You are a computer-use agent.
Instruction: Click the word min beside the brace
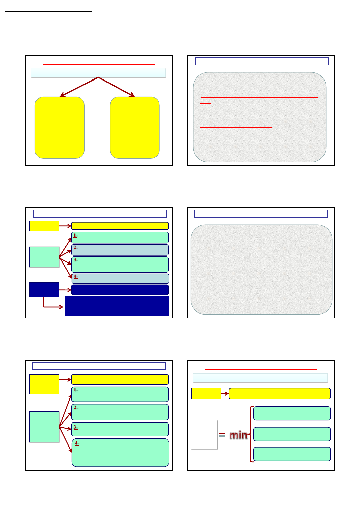click(x=238, y=435)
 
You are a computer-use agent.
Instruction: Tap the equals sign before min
click(x=222, y=435)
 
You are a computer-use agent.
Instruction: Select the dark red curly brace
click(x=251, y=434)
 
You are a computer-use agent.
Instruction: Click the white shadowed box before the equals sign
click(x=204, y=435)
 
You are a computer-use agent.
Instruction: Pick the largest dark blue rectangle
click(x=117, y=306)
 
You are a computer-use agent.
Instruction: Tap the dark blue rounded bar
click(x=120, y=290)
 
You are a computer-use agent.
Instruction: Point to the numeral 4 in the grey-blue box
click(x=75, y=276)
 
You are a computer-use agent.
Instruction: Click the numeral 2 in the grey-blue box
click(x=75, y=247)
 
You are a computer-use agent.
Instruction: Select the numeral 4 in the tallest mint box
click(x=76, y=443)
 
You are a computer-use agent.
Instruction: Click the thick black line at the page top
click(x=48, y=12)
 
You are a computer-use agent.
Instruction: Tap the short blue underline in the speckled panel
click(x=287, y=142)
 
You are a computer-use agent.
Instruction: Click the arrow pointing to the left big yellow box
click(x=79, y=87)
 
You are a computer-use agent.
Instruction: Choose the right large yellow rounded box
click(x=135, y=128)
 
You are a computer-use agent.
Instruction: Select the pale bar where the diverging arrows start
click(x=99, y=73)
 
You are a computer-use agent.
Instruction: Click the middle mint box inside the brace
click(x=292, y=434)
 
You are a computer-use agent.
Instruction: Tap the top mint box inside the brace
click(x=292, y=413)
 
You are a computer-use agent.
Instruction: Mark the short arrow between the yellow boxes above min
click(x=225, y=394)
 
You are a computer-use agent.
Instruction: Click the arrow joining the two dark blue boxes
click(x=65, y=290)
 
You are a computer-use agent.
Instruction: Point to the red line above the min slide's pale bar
click(x=261, y=369)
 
